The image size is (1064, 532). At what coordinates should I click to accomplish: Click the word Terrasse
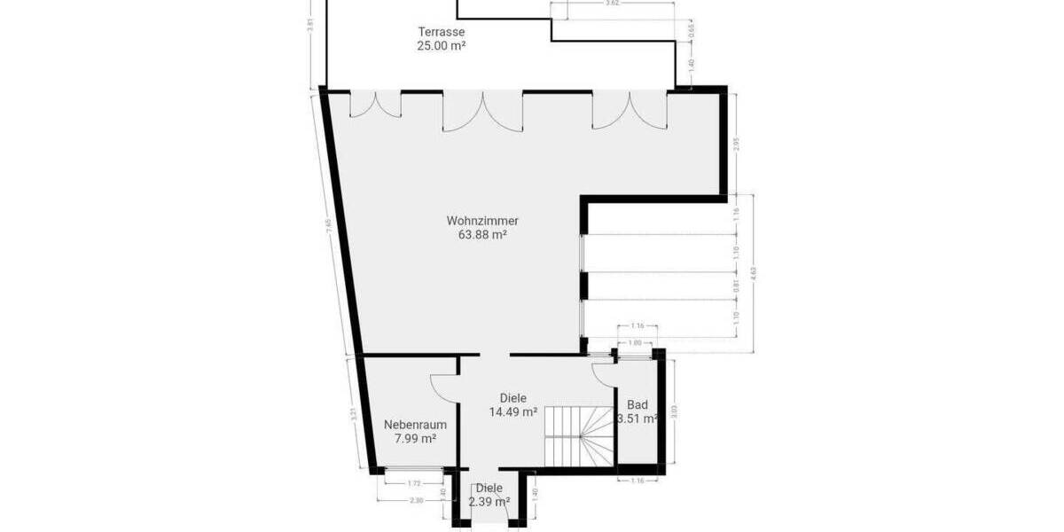[x=442, y=32]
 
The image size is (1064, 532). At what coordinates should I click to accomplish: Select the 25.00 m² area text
[x=442, y=46]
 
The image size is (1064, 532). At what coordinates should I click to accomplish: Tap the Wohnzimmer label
[x=482, y=221]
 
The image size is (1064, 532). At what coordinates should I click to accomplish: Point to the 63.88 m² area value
[x=482, y=235]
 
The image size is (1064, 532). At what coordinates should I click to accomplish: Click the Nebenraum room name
[x=415, y=425]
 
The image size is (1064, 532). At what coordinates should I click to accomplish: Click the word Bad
[x=637, y=405]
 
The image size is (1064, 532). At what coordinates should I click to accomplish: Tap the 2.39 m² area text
[x=489, y=502]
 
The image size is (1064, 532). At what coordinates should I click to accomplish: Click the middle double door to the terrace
[x=482, y=111]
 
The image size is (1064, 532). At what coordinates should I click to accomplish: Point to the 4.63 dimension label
[x=753, y=272]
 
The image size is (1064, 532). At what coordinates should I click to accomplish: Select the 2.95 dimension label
[x=736, y=143]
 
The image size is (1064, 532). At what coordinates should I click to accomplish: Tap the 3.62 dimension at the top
[x=611, y=4]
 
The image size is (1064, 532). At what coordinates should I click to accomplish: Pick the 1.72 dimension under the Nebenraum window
[x=414, y=483]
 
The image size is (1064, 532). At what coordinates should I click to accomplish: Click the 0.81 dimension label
[x=736, y=286]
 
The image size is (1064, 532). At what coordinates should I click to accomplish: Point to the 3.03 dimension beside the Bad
[x=674, y=411]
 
